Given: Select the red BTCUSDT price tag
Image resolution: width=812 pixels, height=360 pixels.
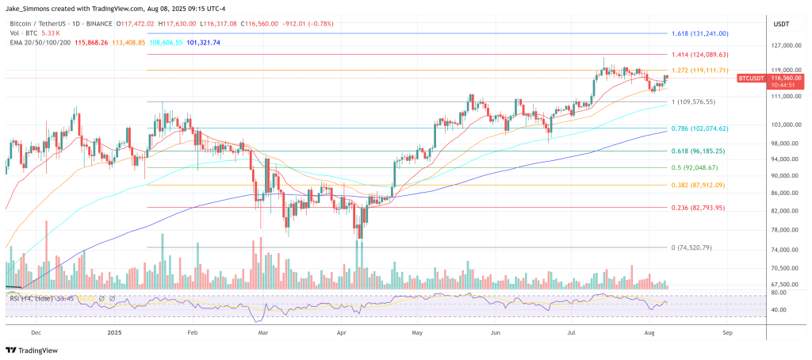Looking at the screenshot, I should click(750, 79).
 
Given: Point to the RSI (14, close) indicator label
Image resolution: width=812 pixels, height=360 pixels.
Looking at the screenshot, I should click(29, 298).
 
